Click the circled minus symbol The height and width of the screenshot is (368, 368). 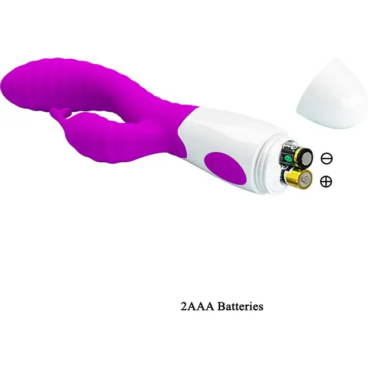point(326,158)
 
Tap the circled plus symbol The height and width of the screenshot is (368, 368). point(326,181)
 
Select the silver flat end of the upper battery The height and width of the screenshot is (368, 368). point(306,157)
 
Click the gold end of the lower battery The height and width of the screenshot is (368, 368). point(305,180)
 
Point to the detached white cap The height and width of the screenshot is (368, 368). point(333,94)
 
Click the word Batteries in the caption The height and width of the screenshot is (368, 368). point(240,306)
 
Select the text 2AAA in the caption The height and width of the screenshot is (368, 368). point(197,306)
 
